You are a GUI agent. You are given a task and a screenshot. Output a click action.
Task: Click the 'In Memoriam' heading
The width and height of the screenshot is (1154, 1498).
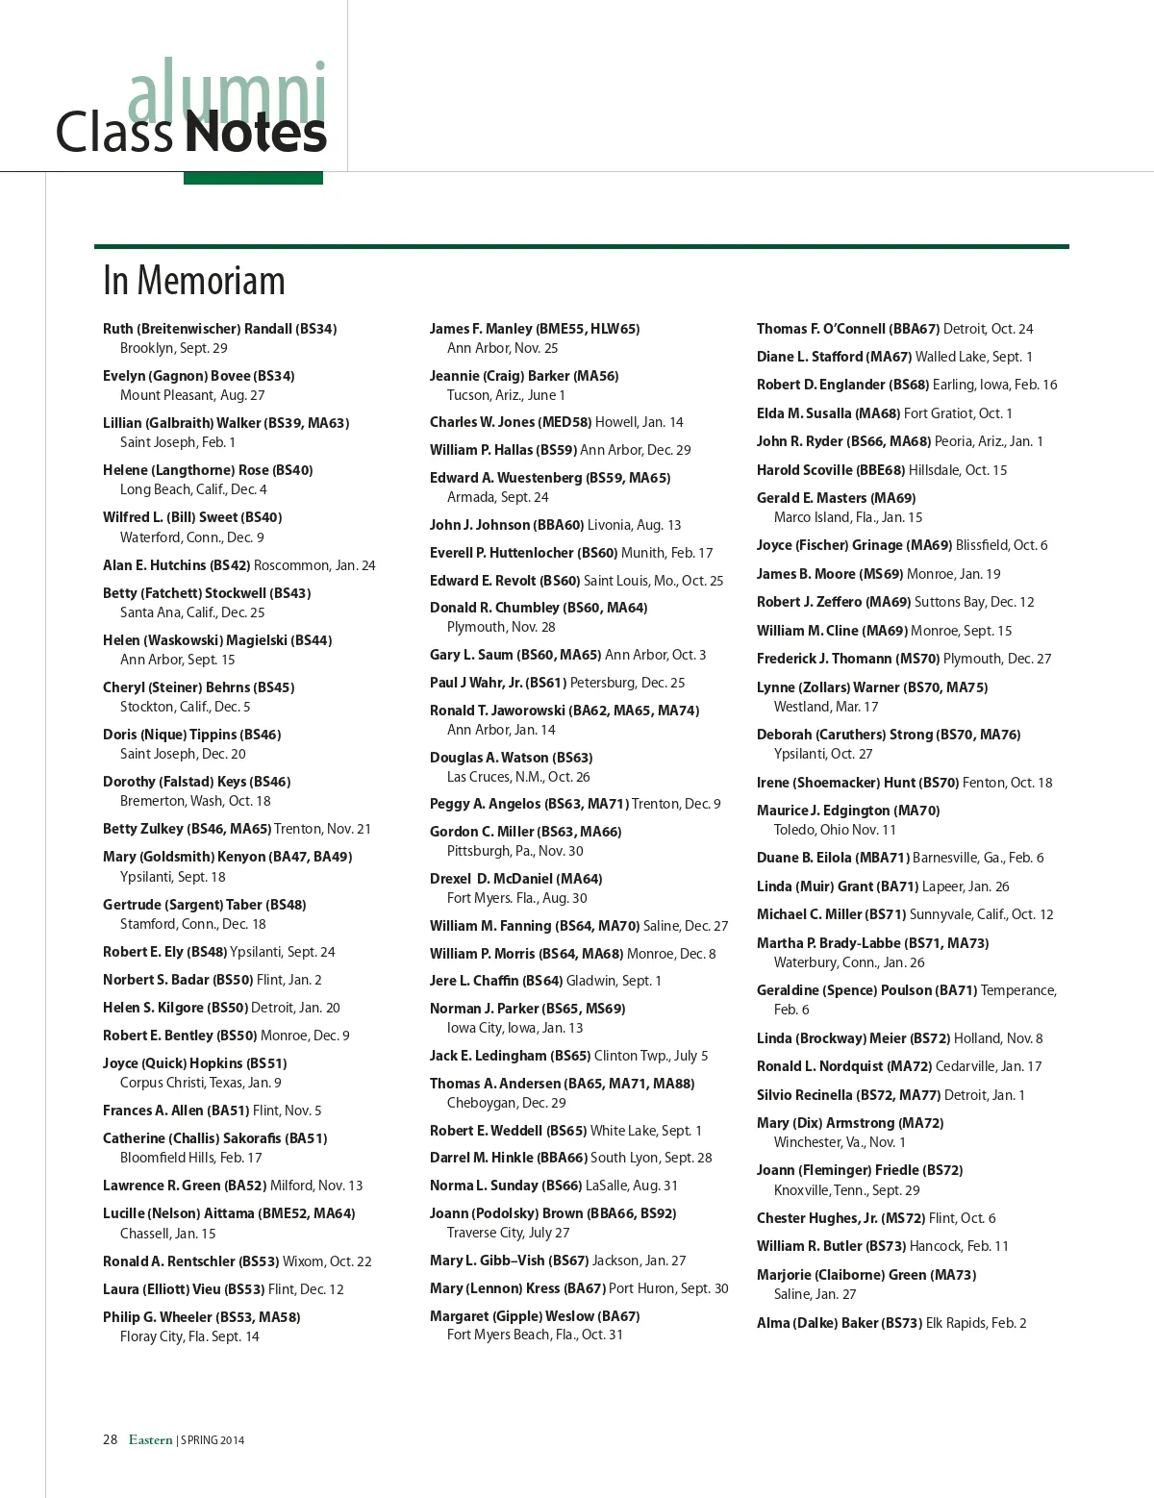point(194,281)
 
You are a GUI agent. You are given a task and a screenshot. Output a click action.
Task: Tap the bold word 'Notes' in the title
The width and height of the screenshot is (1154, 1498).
point(255,133)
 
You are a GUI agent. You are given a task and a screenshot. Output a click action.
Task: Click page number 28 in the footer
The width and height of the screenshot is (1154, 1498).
point(110,1439)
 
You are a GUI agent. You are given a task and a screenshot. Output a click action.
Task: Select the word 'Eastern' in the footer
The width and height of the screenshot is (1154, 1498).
point(151,1439)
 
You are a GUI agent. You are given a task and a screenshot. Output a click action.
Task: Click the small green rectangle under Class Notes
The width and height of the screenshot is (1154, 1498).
point(253,178)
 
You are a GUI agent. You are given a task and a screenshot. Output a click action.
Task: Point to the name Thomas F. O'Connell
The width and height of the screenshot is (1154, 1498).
point(820,329)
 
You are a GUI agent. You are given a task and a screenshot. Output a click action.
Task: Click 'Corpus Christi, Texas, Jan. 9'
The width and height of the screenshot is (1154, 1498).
point(200,1083)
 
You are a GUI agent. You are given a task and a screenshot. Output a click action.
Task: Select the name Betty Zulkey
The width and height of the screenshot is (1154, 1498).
point(142,829)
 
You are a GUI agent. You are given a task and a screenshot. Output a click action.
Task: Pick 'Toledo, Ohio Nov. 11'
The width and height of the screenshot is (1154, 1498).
point(835,830)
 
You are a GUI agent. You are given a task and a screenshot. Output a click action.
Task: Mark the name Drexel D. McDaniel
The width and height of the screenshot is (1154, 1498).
point(490,879)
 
